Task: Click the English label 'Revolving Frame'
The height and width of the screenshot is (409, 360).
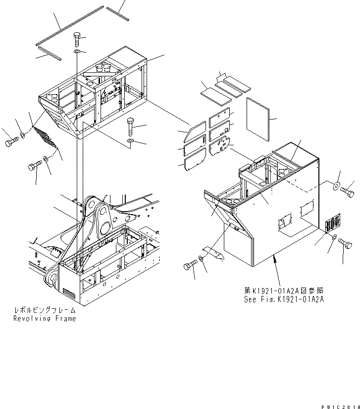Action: [x=45, y=319]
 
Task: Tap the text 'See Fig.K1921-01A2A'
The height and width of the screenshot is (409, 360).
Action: [x=284, y=299]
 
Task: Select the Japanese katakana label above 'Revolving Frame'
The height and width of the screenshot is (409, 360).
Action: [x=45, y=310]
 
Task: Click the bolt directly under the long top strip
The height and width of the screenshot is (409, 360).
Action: [x=77, y=38]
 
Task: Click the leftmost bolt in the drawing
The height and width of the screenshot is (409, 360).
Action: [x=11, y=143]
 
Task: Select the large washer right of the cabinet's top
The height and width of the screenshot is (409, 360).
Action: [x=336, y=185]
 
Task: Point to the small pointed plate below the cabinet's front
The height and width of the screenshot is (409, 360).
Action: [x=213, y=253]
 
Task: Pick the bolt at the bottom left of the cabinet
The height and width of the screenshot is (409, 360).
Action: [x=189, y=266]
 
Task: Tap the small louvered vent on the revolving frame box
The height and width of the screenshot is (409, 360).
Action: [x=69, y=295]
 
